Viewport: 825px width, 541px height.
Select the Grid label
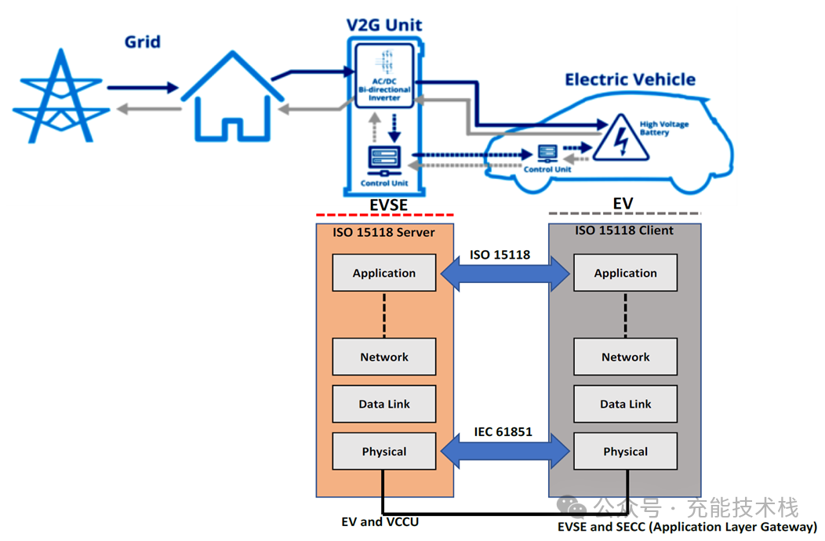coord(142,41)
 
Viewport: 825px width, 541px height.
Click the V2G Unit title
coord(384,24)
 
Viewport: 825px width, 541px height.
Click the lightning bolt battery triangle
coord(620,139)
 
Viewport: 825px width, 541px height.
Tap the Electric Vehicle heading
coord(630,79)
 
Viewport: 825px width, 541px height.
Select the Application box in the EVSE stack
coord(384,273)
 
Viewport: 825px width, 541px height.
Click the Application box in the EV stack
coord(625,273)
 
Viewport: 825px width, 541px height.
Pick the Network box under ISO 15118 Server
coord(384,357)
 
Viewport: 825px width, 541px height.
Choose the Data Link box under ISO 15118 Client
coord(625,404)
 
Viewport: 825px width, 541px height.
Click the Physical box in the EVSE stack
coord(384,451)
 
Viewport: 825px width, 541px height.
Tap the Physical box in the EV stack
coord(625,451)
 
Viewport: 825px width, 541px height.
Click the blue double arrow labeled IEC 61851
coord(505,452)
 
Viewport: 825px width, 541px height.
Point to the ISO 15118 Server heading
coord(384,232)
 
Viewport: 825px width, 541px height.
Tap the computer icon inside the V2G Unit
coord(384,159)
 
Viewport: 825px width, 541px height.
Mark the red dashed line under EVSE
coord(384,215)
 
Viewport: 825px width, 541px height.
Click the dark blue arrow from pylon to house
coord(142,89)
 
